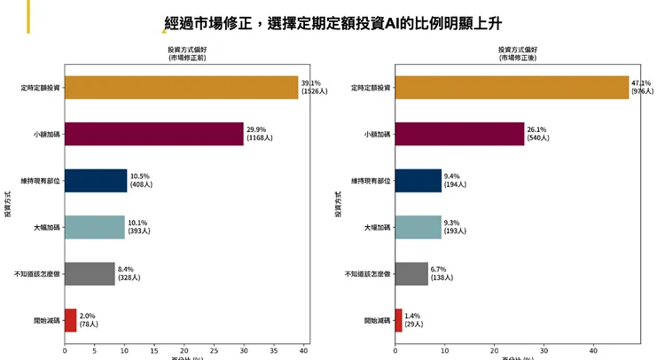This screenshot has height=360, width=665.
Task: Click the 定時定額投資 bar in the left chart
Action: click(181, 88)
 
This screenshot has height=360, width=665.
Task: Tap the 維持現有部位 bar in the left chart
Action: click(96, 181)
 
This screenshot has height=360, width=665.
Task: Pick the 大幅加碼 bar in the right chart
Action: click(418, 228)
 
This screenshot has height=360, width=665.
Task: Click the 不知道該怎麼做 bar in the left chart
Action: click(90, 274)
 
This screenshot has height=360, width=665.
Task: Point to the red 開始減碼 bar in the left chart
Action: click(70, 320)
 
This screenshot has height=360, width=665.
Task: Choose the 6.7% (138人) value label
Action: click(443, 274)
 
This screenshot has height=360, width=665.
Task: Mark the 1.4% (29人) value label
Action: click(412, 320)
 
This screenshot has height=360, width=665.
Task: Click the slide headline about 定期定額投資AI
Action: click(340, 24)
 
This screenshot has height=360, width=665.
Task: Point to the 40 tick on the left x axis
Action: click(303, 350)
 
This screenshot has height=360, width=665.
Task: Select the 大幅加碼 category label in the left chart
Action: click(47, 228)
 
